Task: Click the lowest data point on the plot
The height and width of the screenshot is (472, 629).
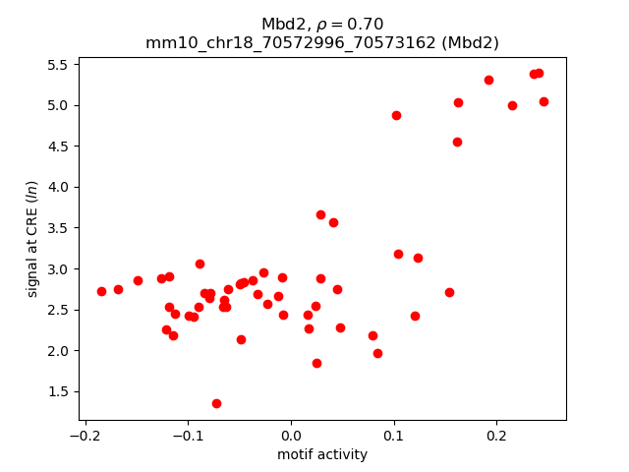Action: tap(216, 403)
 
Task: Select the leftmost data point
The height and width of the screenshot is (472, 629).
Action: tap(101, 291)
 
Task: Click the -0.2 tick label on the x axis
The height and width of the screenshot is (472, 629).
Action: tap(86, 436)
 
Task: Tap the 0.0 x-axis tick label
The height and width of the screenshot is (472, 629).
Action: tap(291, 436)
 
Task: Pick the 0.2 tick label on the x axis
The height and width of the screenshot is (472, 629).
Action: tap(496, 436)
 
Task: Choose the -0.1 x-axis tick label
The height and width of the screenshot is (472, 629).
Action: tap(188, 436)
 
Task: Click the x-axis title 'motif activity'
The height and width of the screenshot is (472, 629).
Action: tap(322, 454)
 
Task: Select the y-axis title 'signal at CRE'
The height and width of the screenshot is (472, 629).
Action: tap(31, 238)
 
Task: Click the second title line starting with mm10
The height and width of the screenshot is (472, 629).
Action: tap(322, 42)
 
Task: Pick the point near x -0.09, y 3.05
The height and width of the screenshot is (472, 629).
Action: tap(200, 264)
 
